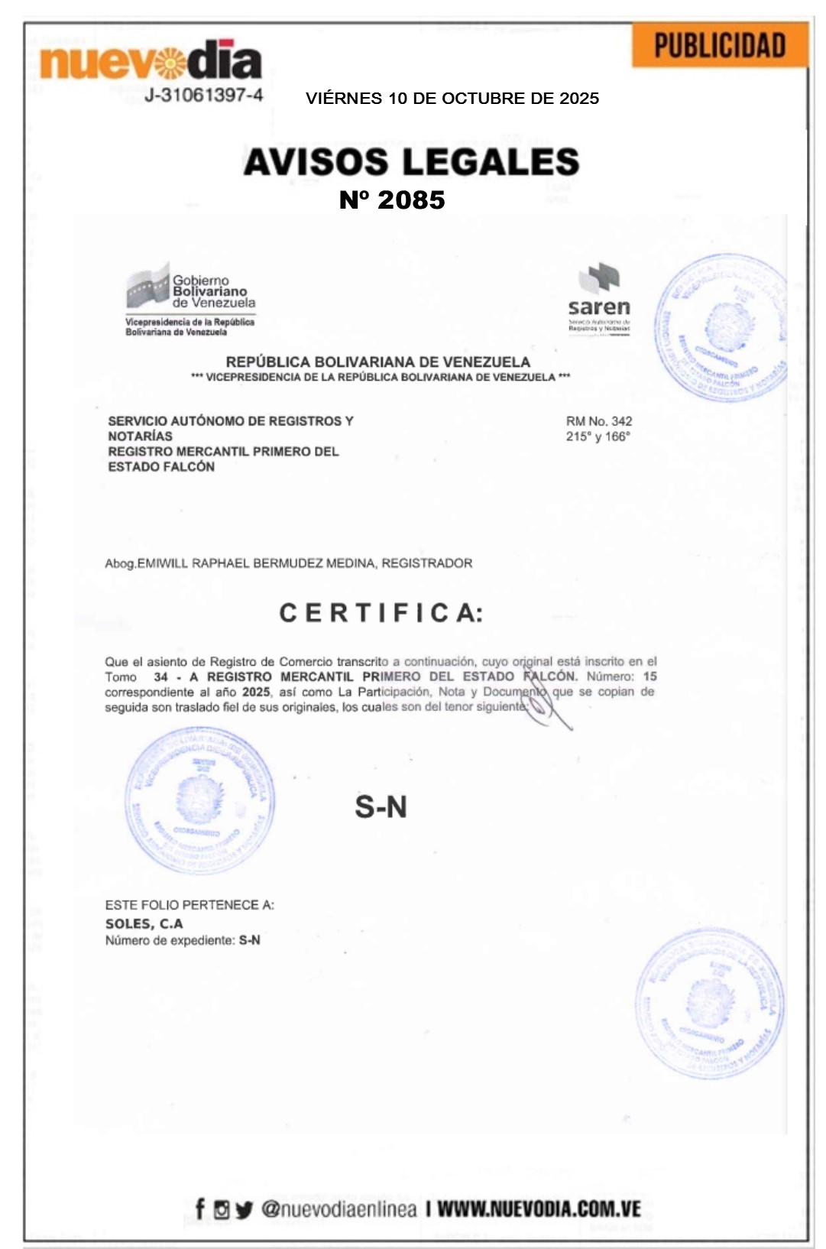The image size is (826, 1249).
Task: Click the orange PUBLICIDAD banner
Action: pyautogui.click(x=719, y=46)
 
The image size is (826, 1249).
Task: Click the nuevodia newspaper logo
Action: pyautogui.click(x=151, y=61)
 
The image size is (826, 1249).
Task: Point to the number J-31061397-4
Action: pyautogui.click(x=204, y=96)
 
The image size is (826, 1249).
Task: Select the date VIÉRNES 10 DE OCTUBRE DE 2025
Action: pyautogui.click(x=452, y=99)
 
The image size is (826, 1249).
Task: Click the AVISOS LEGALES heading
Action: pyautogui.click(x=411, y=162)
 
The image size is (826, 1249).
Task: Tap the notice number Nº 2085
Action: pyautogui.click(x=392, y=200)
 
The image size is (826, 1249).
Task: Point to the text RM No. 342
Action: pyautogui.click(x=598, y=421)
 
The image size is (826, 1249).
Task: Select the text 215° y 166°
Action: pyautogui.click(x=598, y=436)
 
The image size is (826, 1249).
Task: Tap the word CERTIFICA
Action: pyautogui.click(x=381, y=613)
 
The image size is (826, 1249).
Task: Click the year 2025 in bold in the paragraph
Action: pyautogui.click(x=256, y=692)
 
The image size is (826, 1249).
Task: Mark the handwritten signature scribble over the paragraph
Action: pyautogui.click(x=546, y=699)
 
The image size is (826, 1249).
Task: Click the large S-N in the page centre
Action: pyautogui.click(x=381, y=807)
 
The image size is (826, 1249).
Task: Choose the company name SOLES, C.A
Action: pyautogui.click(x=144, y=923)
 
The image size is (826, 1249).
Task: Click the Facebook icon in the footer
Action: pyautogui.click(x=200, y=1208)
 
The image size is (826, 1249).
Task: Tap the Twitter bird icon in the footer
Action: pyautogui.click(x=244, y=1209)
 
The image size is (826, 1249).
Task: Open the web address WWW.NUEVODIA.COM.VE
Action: pyautogui.click(x=539, y=1208)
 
